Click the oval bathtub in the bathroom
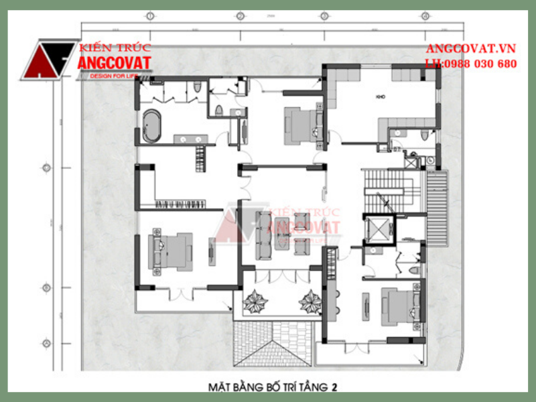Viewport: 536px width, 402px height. [x=152, y=126]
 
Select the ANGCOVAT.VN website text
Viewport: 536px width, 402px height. [x=471, y=50]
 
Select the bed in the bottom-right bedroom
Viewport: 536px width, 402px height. [x=400, y=306]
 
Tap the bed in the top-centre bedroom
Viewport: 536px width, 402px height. [x=302, y=123]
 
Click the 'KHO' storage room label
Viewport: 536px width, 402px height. [x=380, y=97]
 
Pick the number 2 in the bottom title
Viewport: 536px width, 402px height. [x=334, y=387]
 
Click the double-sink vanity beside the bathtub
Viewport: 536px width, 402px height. [x=190, y=139]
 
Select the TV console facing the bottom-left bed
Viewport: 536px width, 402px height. [x=212, y=252]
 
